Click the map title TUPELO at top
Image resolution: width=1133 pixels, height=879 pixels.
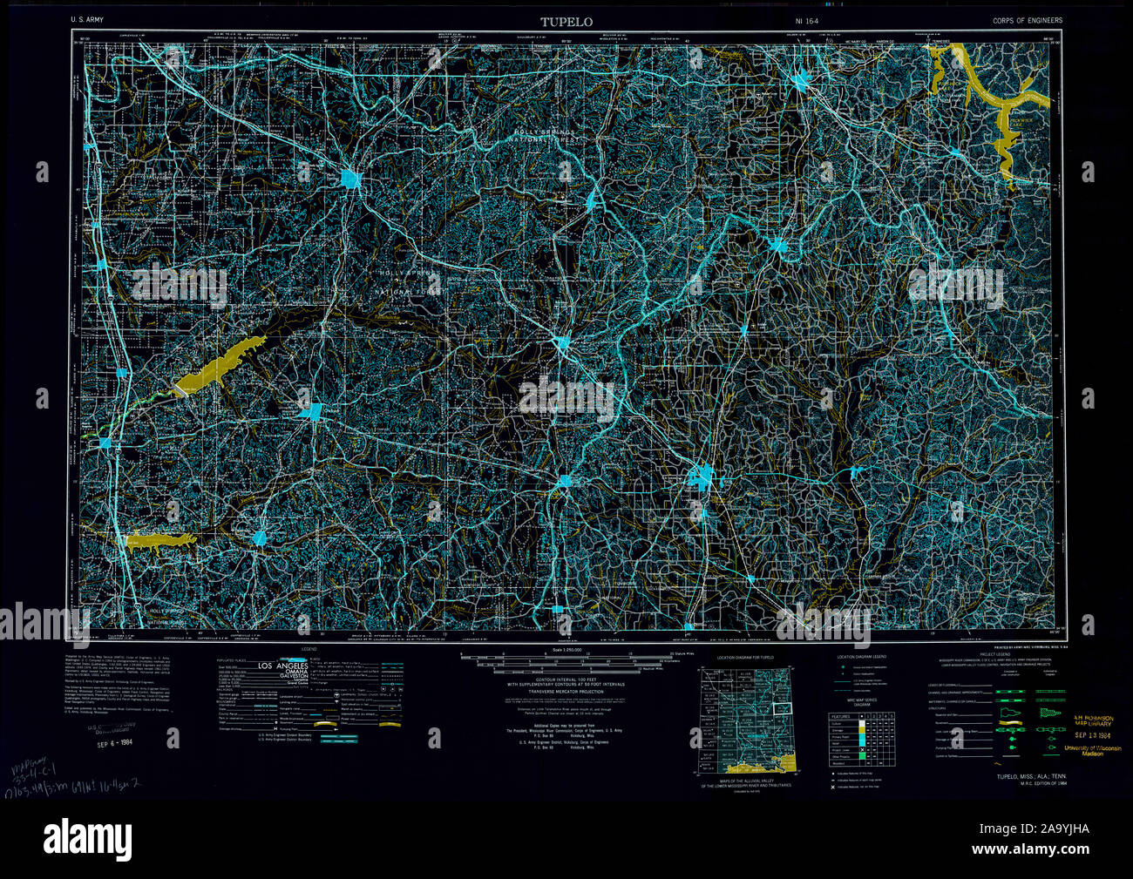[x=566, y=21]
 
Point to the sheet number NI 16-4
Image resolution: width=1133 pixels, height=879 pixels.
[x=807, y=20]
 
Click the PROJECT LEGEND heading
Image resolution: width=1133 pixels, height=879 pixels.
[x=994, y=654]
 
